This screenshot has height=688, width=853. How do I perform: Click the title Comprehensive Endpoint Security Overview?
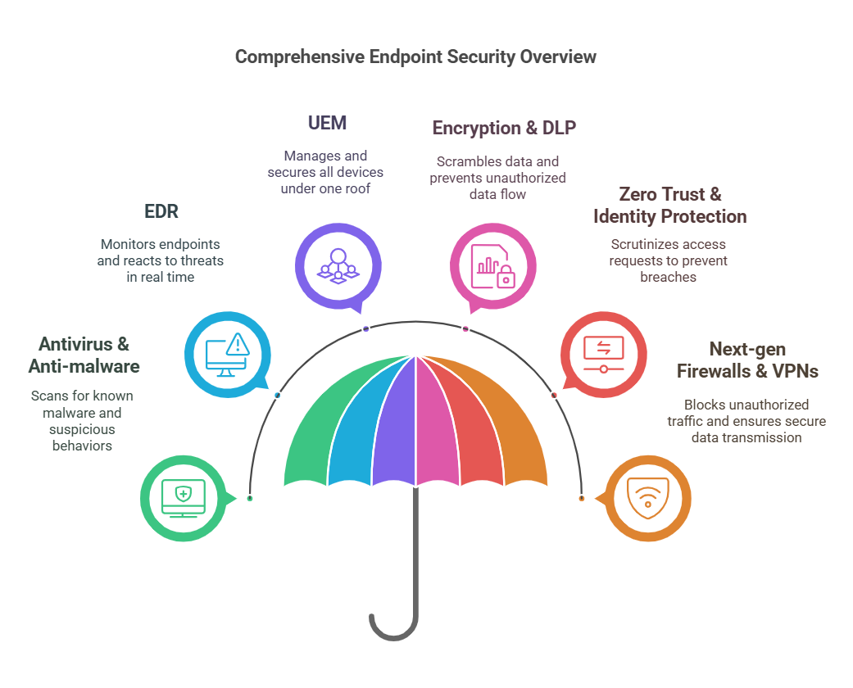(415, 57)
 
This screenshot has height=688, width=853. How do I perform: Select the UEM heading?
(327, 123)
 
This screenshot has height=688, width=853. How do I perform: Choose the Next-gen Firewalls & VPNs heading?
(746, 360)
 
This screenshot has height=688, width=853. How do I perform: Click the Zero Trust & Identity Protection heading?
(669, 206)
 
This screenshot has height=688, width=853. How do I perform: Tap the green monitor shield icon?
(183, 498)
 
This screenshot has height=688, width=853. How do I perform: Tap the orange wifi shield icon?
(647, 498)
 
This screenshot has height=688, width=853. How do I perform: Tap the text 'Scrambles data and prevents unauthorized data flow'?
(497, 178)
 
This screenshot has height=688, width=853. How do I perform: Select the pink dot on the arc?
(465, 328)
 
